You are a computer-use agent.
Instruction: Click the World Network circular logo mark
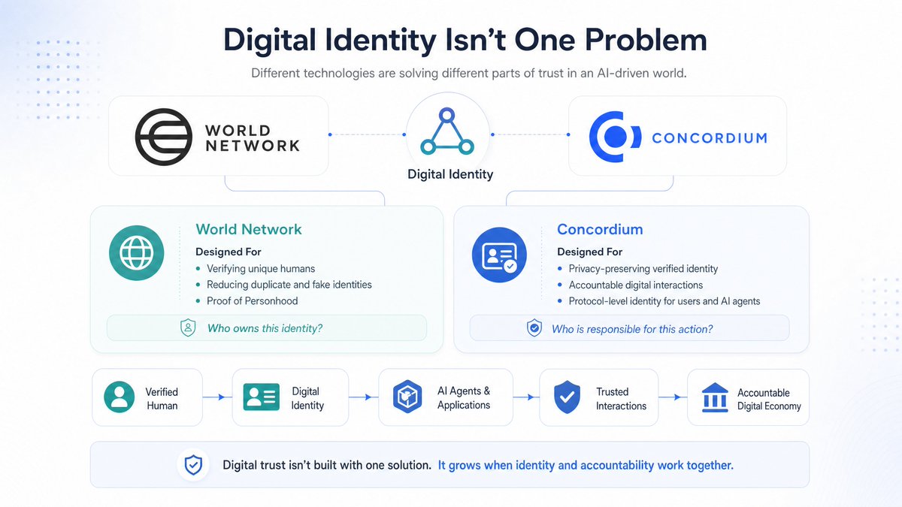pos(164,137)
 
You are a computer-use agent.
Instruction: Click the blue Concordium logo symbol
pos(615,137)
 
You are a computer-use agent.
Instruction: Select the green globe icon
pos(137,252)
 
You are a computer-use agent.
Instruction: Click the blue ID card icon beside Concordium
pos(499,255)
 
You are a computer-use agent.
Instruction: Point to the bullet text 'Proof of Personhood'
pos(252,301)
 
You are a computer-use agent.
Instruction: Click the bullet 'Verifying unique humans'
pos(261,269)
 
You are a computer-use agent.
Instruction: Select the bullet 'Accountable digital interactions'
pos(635,285)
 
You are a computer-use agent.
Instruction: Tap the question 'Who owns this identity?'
pos(265,328)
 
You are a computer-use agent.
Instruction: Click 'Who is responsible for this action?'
pos(632,329)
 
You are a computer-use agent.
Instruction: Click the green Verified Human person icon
pos(120,397)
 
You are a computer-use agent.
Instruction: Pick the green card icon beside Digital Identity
pos(262,397)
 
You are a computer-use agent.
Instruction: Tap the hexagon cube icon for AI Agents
pos(407,397)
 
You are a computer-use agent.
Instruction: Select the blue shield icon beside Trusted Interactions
pos(567,397)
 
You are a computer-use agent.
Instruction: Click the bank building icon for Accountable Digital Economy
pos(715,397)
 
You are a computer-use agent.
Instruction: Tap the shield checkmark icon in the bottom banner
pos(193,465)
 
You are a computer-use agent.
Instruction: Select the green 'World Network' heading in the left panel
pos(249,229)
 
